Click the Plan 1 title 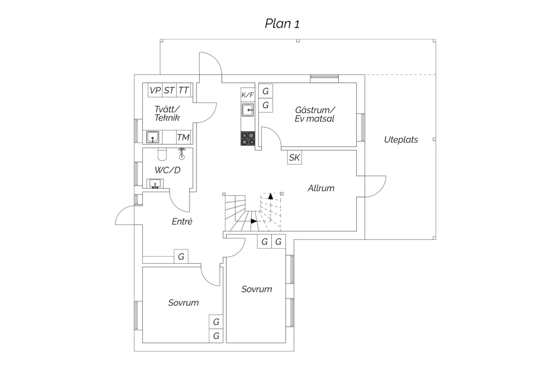[282, 24]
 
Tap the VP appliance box [155, 90]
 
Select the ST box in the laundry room [169, 90]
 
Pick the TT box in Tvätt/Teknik [183, 90]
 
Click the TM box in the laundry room [183, 137]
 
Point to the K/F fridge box [248, 95]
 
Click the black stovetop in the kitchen [248, 138]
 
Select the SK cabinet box [294, 157]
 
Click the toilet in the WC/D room [162, 155]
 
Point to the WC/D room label [168, 170]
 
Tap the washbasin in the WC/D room [155, 183]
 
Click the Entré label [182, 221]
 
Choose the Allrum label [321, 188]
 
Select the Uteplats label [401, 140]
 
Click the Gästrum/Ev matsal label [315, 114]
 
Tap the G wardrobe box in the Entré [181, 256]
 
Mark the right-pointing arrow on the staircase [253, 221]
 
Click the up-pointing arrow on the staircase [271, 196]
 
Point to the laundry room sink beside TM [152, 137]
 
